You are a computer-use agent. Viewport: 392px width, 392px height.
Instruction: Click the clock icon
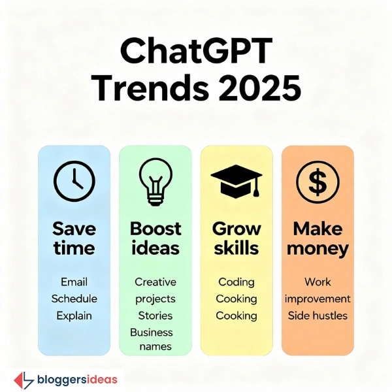(74, 181)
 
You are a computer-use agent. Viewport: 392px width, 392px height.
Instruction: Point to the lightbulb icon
(155, 181)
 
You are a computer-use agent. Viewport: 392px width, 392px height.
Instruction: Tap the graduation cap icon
(236, 180)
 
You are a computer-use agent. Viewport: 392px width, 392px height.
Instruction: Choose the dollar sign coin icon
(318, 181)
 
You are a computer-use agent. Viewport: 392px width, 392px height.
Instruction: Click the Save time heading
(74, 238)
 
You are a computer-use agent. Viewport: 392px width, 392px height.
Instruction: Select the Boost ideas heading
(155, 238)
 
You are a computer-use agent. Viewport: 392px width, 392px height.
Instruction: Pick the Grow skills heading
(236, 238)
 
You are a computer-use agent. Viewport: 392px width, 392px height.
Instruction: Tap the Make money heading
(318, 238)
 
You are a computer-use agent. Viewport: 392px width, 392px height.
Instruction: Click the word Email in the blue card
(74, 282)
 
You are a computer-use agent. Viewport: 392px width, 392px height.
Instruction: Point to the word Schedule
(74, 299)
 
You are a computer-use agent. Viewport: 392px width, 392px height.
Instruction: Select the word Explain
(74, 316)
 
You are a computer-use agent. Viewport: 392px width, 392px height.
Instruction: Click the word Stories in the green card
(155, 316)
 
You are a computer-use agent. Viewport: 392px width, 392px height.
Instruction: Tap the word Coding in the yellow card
(236, 282)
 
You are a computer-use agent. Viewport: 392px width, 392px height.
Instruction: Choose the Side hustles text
(318, 316)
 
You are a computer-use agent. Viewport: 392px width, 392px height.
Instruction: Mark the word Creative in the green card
(155, 282)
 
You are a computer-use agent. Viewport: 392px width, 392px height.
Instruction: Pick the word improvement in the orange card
(318, 299)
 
